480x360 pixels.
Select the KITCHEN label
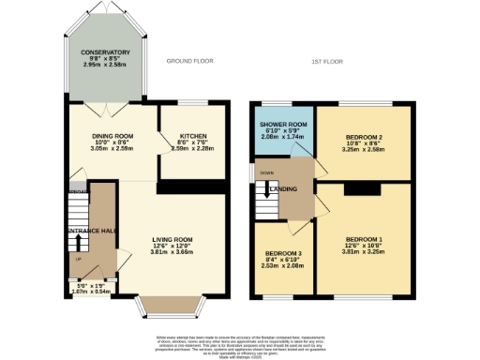point(192,136)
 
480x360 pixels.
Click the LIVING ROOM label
point(172,239)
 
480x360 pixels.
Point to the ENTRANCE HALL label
point(90,230)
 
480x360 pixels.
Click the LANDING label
point(284,189)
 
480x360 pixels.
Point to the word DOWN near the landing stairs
point(267,172)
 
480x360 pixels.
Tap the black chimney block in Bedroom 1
point(356,188)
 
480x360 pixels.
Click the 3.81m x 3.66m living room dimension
point(172,252)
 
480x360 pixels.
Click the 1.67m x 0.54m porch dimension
point(90,292)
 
